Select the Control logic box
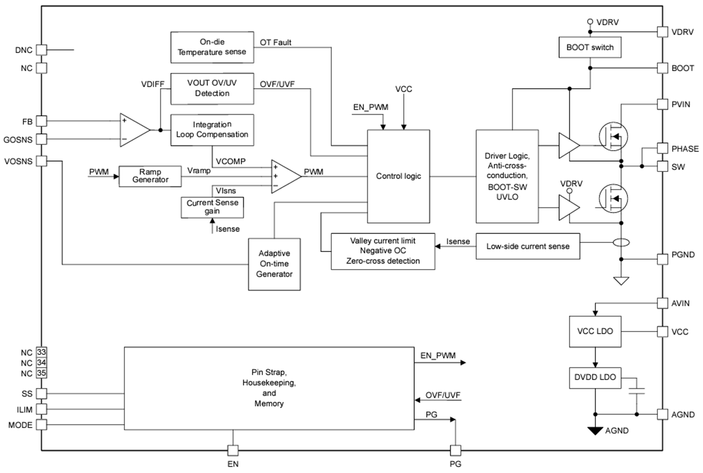(x=398, y=176)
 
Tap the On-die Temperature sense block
(x=212, y=47)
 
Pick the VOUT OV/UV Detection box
(x=212, y=88)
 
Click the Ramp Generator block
(x=150, y=176)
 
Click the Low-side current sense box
(x=529, y=245)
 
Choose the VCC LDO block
(x=594, y=332)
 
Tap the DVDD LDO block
(x=594, y=377)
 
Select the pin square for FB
(x=42, y=120)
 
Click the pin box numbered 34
(x=42, y=362)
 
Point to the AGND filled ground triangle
(x=595, y=431)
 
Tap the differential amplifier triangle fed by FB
(x=133, y=130)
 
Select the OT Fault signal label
(x=277, y=43)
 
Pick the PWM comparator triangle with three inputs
(x=285, y=176)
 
